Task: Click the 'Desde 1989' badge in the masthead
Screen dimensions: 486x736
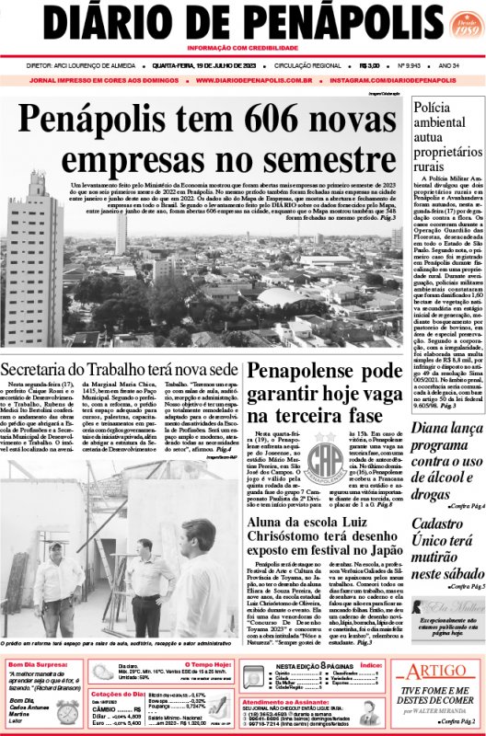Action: (459, 31)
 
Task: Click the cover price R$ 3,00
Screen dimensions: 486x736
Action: (371, 65)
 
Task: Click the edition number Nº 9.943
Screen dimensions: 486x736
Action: (410, 65)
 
